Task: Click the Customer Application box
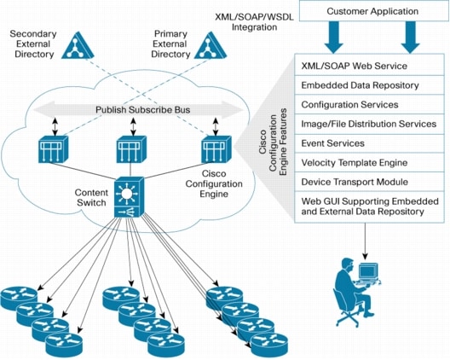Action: pyautogui.click(x=373, y=12)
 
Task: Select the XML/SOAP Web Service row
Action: pyautogui.click(x=367, y=66)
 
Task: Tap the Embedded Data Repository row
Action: pyautogui.click(x=367, y=85)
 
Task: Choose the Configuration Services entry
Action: pyautogui.click(x=367, y=104)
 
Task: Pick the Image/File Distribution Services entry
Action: pyautogui.click(x=367, y=124)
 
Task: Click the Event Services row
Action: pyautogui.click(x=367, y=143)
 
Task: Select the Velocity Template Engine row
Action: pyautogui.click(x=367, y=162)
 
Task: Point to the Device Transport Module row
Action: pyautogui.click(x=367, y=182)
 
